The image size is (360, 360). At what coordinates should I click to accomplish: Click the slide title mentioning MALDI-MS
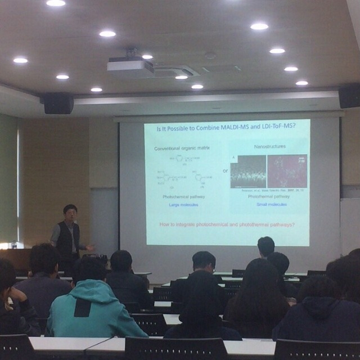[x=227, y=127]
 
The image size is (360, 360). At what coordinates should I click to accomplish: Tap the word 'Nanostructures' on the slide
[x=270, y=146]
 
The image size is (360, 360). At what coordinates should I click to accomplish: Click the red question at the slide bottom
[x=227, y=224]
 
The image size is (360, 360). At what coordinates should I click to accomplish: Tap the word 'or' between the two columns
[x=225, y=170]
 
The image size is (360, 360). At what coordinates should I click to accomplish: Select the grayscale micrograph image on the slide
[x=248, y=171]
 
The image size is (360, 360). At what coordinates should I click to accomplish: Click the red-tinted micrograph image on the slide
[x=287, y=171]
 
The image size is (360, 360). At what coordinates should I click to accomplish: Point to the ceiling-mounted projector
[x=130, y=66]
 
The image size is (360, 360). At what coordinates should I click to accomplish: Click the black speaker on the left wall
[x=58, y=103]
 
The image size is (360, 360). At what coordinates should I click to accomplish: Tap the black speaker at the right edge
[x=349, y=96]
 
